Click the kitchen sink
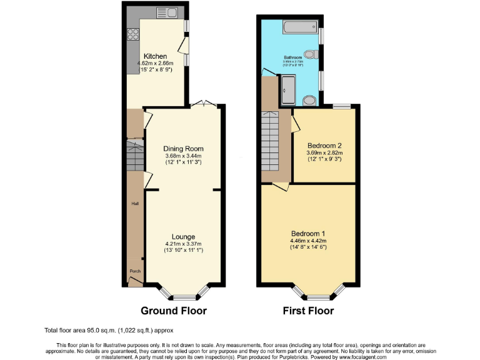click(x=167, y=12)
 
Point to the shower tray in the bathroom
click(x=289, y=89)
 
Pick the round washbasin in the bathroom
click(x=309, y=100)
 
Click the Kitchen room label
click(x=155, y=56)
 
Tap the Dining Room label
click(x=184, y=148)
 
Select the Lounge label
click(x=184, y=237)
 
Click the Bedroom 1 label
click(x=310, y=233)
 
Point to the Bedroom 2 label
click(x=324, y=146)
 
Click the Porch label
click(x=135, y=271)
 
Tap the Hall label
click(x=134, y=204)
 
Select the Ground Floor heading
click(x=174, y=311)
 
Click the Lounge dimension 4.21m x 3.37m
click(x=184, y=244)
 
